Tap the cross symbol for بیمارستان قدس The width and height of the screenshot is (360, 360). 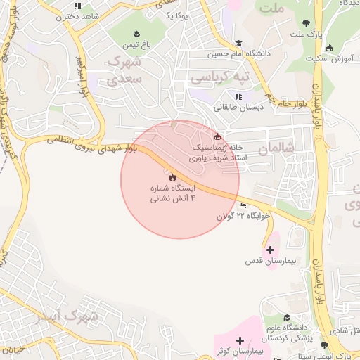270,250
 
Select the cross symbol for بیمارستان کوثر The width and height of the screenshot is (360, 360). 240,340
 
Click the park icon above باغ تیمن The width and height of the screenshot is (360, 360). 136,34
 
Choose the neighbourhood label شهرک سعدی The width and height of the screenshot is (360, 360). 125,70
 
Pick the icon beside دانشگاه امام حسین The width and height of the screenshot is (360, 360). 238,43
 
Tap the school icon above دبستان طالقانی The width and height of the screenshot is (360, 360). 238,96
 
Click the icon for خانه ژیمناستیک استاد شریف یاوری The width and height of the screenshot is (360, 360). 217,136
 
